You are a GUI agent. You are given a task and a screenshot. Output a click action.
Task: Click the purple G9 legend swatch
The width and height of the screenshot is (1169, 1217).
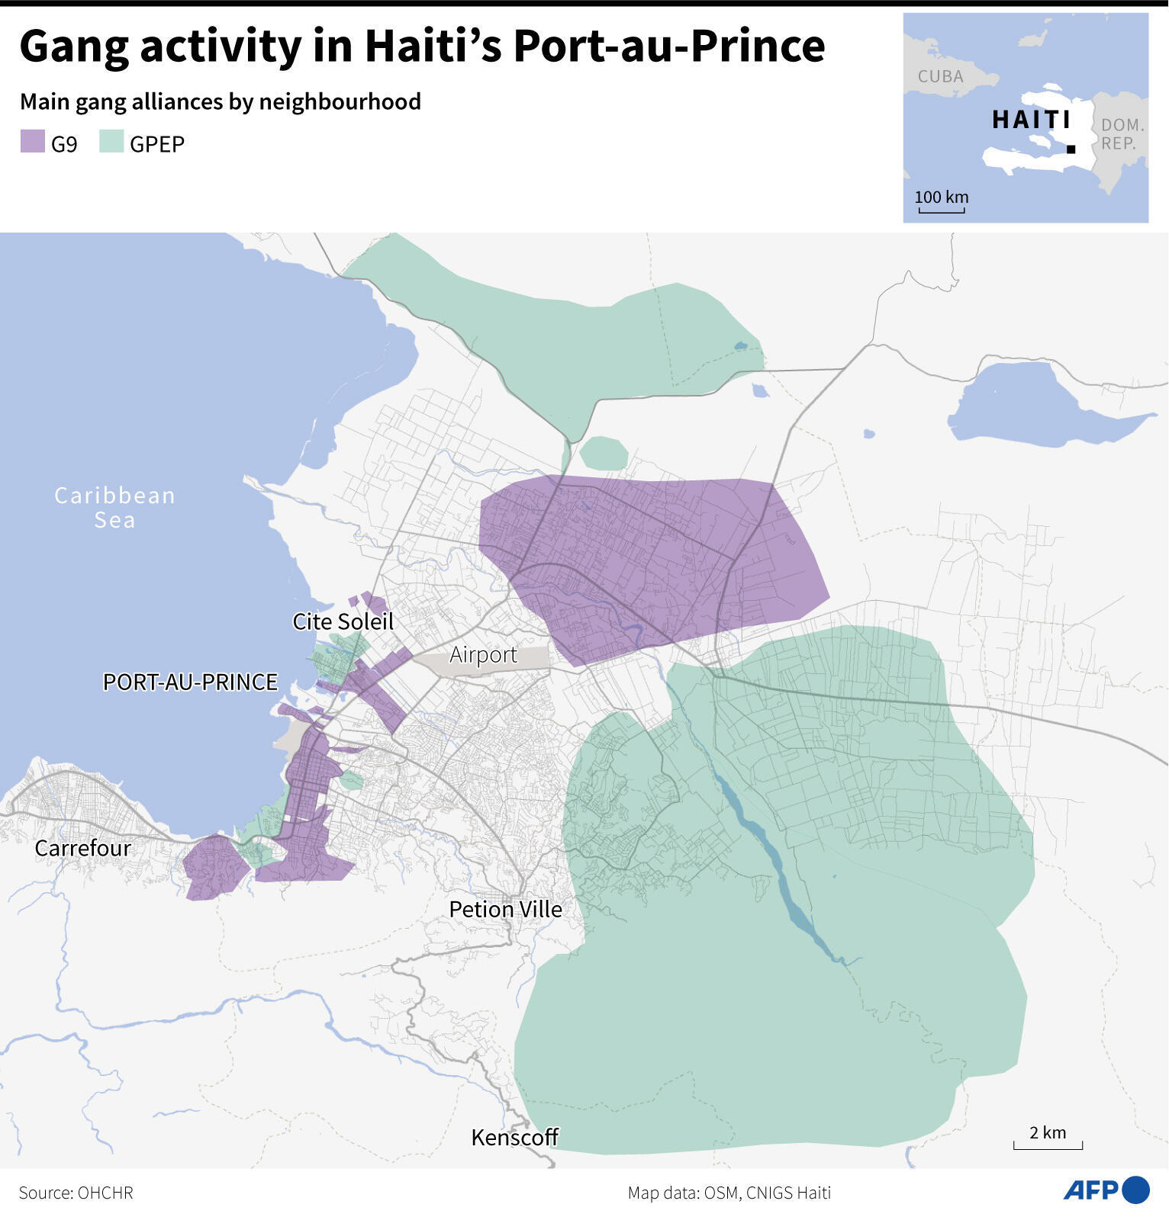coord(33,142)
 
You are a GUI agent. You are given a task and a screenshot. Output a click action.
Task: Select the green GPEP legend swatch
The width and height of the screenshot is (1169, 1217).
coord(111,142)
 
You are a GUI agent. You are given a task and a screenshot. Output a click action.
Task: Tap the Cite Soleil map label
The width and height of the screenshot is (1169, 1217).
coord(343,621)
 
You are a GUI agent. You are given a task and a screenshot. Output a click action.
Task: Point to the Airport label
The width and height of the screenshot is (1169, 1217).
coord(483,655)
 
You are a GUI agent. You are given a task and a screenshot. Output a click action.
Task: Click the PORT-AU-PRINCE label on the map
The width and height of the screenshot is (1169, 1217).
coord(190,682)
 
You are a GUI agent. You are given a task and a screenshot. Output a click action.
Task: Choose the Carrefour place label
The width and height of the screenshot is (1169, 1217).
coord(82,848)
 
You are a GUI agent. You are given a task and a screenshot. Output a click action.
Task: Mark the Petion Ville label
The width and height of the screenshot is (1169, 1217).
coord(505,909)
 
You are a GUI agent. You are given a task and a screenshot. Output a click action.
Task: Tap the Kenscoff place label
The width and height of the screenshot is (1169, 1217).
coord(515,1138)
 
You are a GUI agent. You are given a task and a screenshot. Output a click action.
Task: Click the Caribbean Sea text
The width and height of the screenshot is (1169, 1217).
coord(114,508)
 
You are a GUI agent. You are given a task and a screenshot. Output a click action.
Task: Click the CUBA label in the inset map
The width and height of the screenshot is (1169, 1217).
coord(940,76)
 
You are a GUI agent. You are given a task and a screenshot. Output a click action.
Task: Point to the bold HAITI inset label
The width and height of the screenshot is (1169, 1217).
coord(1031,120)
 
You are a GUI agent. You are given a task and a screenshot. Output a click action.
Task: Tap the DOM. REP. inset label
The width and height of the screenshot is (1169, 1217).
coord(1122,134)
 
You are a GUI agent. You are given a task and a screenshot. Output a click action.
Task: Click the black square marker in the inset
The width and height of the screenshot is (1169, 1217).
coord(1071,149)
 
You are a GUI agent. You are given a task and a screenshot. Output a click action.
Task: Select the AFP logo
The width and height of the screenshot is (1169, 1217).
coord(1106,1190)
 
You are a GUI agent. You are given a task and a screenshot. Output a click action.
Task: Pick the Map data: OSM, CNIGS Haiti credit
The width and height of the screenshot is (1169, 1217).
coord(729,1193)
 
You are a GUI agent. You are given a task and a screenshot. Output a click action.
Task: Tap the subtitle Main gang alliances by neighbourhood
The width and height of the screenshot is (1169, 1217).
coord(221,101)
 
